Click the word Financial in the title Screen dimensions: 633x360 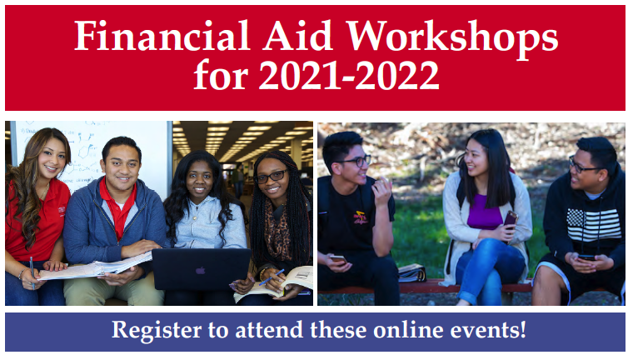(162, 36)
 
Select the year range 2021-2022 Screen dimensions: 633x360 (349, 76)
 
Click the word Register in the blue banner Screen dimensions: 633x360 (157, 331)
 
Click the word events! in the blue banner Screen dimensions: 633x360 (488, 330)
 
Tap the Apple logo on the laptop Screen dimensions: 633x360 (201, 270)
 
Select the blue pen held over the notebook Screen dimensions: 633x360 (272, 277)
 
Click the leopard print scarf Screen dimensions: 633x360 (277, 230)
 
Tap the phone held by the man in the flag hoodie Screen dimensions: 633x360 (586, 257)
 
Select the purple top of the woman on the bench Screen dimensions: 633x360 (485, 212)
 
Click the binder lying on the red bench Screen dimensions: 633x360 (411, 273)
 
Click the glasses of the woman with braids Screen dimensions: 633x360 (271, 177)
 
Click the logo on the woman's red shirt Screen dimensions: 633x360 (62, 210)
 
